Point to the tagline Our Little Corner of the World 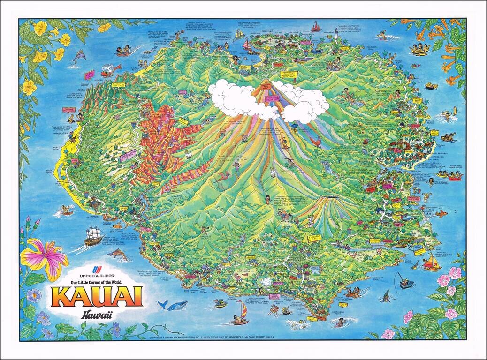pyautogui.click(x=97, y=282)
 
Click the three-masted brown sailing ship pyautogui.click(x=94, y=235)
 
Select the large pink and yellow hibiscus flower pyautogui.click(x=43, y=257)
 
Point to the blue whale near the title pyautogui.click(x=173, y=305)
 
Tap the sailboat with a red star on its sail pyautogui.click(x=431, y=263)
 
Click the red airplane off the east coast pyautogui.click(x=441, y=214)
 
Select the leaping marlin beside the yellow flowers pyautogui.click(x=79, y=57)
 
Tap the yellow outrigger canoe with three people pyautogui.click(x=421, y=49)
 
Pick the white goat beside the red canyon pyautogui.click(x=188, y=154)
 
